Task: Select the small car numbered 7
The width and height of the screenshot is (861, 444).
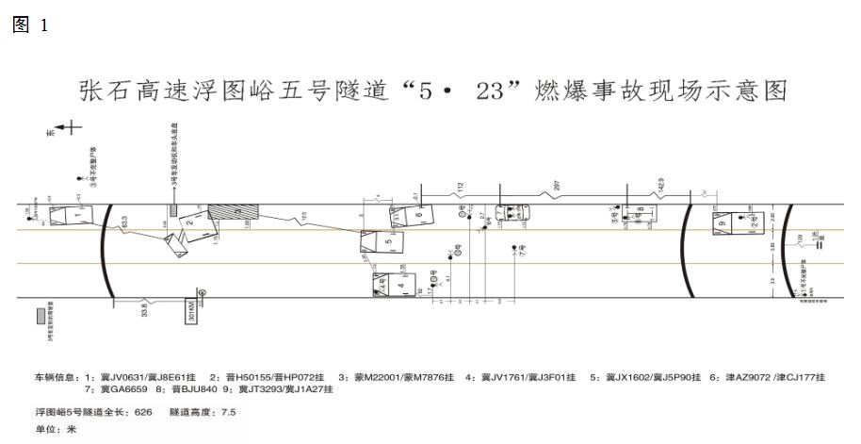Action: pyautogui.click(x=514, y=215)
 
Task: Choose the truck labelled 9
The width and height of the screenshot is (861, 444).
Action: pyautogui.click(x=723, y=223)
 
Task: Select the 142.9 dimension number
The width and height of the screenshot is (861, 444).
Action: pyautogui.click(x=659, y=185)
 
